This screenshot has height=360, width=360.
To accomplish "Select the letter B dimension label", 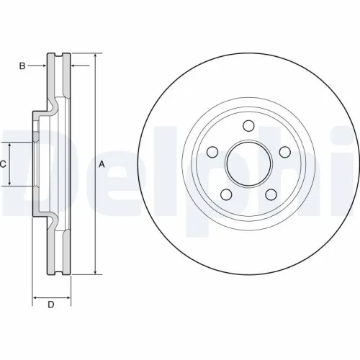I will pos(22,66).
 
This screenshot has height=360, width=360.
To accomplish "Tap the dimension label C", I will pos(3,164).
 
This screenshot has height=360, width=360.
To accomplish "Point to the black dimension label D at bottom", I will pos(51,305).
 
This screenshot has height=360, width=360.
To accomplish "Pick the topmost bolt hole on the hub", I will pos(248,125).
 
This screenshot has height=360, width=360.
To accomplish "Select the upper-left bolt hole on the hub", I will pos(213,152).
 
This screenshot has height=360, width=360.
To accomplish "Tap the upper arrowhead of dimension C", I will pos(10,145).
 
